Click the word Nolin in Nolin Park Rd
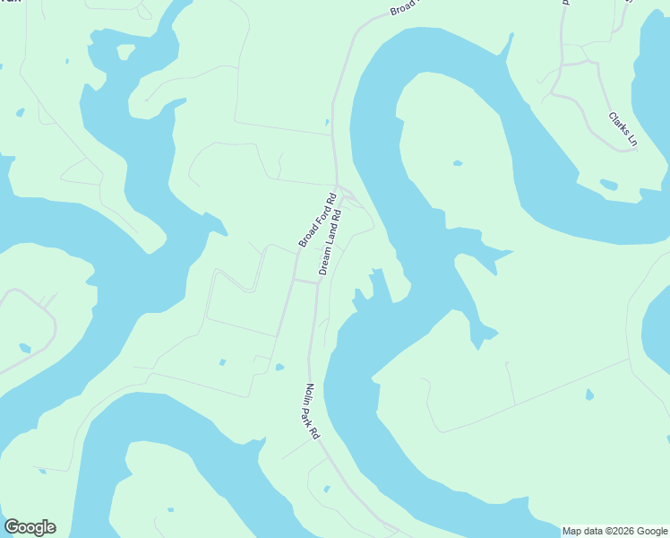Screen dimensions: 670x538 [309, 395]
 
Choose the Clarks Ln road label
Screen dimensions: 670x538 [623, 130]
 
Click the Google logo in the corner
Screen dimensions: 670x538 [30, 527]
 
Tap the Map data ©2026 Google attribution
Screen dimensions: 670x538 [614, 532]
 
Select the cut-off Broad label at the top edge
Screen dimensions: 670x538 [404, 9]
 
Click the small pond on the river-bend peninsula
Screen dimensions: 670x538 [458, 163]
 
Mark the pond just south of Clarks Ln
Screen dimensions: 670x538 [608, 185]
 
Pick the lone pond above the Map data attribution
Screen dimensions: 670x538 [588, 394]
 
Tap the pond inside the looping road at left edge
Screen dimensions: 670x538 [24, 347]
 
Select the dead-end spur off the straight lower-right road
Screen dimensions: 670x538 [511, 381]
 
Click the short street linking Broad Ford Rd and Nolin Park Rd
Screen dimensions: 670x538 [305, 281]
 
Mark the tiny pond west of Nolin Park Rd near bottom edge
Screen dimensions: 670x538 [326, 489]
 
